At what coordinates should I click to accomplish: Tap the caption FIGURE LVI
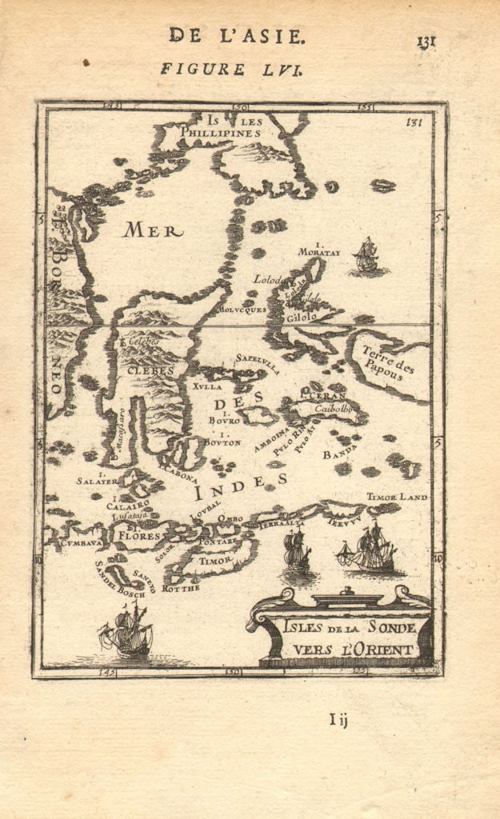(x=230, y=69)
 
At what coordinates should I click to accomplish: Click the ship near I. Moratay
(x=366, y=257)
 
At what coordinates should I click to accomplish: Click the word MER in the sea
(x=152, y=231)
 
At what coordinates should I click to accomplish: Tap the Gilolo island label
(x=298, y=317)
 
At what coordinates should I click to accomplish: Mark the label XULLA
(x=203, y=386)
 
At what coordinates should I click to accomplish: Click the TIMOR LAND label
(x=397, y=497)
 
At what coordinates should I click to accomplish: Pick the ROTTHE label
(x=176, y=588)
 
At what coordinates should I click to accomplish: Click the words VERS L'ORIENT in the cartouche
(x=348, y=649)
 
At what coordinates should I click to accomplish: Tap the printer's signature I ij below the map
(x=338, y=720)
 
